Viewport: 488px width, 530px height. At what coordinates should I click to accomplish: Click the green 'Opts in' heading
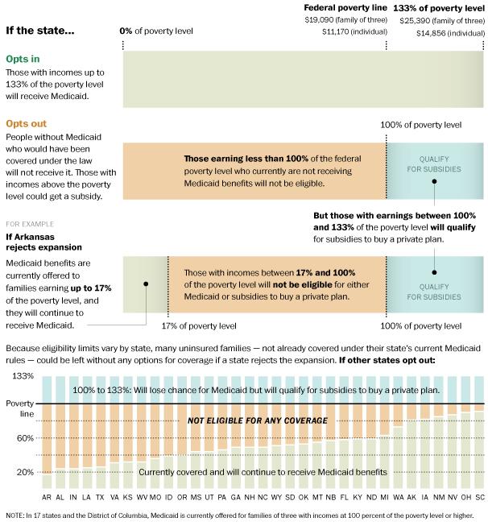(23, 60)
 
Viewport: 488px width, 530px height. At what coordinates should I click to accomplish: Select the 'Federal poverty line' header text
(346, 6)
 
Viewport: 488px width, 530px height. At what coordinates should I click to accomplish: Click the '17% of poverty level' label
(199, 326)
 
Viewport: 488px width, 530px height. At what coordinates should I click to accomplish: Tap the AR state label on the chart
(48, 498)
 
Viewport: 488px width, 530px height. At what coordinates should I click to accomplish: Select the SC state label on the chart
(479, 498)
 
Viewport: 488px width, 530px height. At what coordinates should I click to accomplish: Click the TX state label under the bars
(100, 498)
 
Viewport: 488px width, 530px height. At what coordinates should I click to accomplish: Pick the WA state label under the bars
(399, 498)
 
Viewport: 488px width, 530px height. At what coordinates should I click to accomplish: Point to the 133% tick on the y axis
(23, 376)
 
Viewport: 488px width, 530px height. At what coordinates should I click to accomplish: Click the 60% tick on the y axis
(25, 438)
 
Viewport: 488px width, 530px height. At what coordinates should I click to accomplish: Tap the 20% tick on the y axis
(25, 472)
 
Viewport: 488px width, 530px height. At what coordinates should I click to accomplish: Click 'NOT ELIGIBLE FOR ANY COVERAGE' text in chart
(257, 421)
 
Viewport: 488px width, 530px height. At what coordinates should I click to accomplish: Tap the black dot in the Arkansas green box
(146, 284)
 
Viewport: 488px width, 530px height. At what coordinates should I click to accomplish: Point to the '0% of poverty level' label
(156, 31)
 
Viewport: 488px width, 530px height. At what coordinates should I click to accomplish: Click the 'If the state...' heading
(40, 31)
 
